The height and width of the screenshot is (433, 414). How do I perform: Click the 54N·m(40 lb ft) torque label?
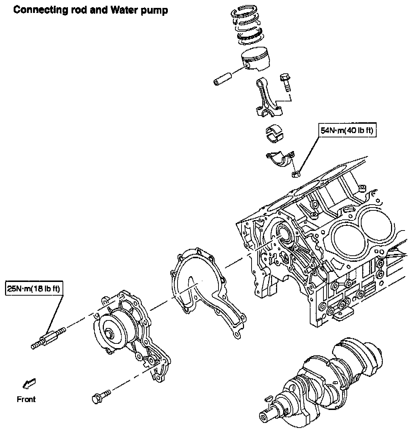pyautogui.click(x=347, y=130)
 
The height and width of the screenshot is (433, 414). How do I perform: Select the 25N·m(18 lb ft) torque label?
pyautogui.click(x=34, y=288)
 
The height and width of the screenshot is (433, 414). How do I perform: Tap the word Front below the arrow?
pyautogui.click(x=26, y=399)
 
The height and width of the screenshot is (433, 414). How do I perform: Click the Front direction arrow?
pyautogui.click(x=29, y=384)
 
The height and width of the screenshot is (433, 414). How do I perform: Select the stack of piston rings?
pyautogui.click(x=247, y=24)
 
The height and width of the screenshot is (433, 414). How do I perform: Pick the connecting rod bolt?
pyautogui.click(x=285, y=82)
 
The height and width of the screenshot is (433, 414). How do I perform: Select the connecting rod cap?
pyautogui.click(x=280, y=159)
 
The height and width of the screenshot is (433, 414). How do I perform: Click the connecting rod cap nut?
pyautogui.click(x=296, y=174)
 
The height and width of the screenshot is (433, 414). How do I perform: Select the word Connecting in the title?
pyautogui.click(x=41, y=10)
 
